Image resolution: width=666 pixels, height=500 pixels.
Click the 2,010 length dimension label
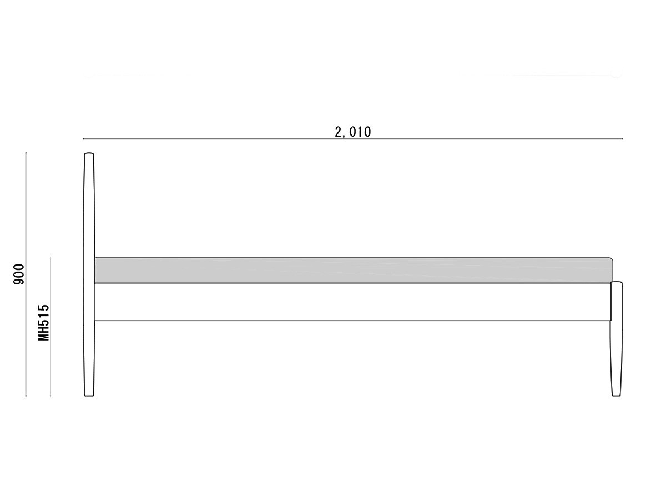click(352, 132)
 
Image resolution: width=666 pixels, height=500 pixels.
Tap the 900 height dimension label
click(19, 274)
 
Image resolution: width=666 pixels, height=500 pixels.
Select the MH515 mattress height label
click(44, 322)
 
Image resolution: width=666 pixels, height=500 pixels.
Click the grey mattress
click(354, 270)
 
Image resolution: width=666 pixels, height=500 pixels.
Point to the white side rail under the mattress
click(352, 302)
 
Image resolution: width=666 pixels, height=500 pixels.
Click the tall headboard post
click(89, 274)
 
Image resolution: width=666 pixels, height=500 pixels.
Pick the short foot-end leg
click(616, 339)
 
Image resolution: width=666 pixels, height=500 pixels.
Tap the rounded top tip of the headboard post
click(89, 153)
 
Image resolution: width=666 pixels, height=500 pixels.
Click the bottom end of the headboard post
click(89, 396)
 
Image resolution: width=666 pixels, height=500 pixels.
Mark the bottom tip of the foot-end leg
click(616, 396)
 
